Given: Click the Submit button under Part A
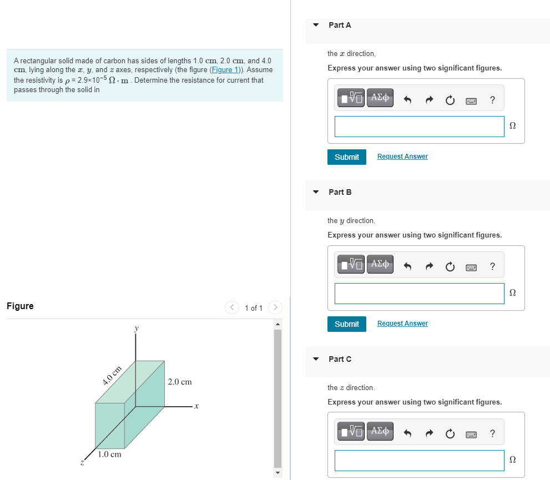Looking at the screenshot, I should coord(347,157).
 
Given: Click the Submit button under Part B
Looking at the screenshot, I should coord(347,324).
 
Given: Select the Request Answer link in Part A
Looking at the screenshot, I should coord(402,156).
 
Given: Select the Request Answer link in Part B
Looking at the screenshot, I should coord(402,324).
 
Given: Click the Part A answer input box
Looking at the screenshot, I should coord(419,127).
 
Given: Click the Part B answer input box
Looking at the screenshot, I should coord(419,294).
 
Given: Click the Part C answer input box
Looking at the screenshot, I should coord(419,461).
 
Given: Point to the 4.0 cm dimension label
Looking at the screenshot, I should coord(112,376).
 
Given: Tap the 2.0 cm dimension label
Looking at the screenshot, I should coord(180,382).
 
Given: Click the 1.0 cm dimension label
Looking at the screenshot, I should coord(109,454).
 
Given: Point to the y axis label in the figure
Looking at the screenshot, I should coord(136,329).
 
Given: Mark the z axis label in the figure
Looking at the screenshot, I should coord(82,461).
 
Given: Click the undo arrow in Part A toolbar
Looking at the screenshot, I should coord(407,100).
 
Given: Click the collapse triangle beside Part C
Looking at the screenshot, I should coord(316,359).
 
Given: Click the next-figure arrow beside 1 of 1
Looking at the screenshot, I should coord(275,307).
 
